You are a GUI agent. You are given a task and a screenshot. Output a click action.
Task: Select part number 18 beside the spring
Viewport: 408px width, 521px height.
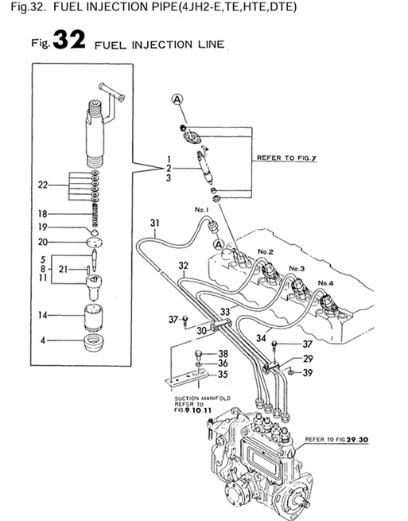coord(44,213)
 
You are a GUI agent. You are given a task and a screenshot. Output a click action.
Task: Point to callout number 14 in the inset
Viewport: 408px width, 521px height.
coord(44,316)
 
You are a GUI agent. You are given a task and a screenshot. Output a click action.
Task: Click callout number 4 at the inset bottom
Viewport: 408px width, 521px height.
coord(44,341)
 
